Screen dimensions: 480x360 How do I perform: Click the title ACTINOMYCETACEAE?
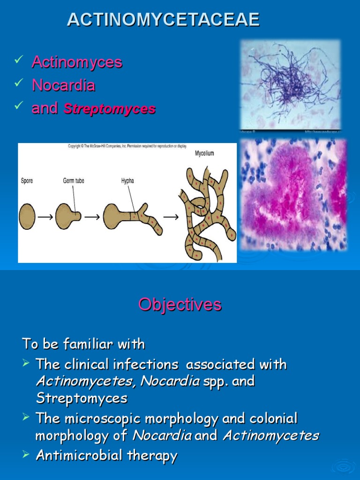[163, 20]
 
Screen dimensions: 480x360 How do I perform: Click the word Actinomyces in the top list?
[77, 62]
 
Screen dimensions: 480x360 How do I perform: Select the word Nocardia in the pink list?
[63, 85]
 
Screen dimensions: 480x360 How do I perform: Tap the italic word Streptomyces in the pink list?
[109, 109]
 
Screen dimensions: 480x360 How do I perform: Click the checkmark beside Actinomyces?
[19, 60]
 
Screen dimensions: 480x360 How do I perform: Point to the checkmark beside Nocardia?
[19, 83]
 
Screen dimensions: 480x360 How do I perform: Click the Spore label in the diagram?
[27, 181]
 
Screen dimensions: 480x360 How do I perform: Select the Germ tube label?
[74, 181]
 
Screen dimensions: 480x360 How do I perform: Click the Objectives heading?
[180, 305]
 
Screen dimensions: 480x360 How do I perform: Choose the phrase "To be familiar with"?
[83, 345]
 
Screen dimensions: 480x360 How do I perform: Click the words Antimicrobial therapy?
[106, 455]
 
